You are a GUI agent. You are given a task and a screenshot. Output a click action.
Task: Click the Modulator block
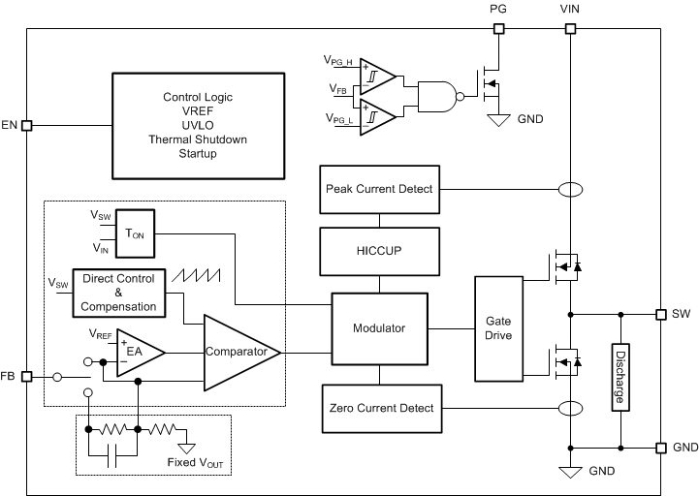379,328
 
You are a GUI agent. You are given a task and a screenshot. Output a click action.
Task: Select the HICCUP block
379,250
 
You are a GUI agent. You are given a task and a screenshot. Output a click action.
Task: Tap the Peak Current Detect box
379,188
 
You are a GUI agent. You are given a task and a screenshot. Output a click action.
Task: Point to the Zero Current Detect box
379,409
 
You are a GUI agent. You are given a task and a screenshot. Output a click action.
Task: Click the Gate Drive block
497,327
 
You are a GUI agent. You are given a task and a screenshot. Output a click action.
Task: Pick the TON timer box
135,233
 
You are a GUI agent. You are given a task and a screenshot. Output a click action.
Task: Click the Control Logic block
198,125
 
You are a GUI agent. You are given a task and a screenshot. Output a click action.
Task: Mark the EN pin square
26,125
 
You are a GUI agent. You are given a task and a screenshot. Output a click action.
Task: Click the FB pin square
26,377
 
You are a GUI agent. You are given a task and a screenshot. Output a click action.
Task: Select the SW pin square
660,314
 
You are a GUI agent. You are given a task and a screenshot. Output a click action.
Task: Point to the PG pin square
498,29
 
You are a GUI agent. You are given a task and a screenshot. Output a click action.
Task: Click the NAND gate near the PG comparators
435,96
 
